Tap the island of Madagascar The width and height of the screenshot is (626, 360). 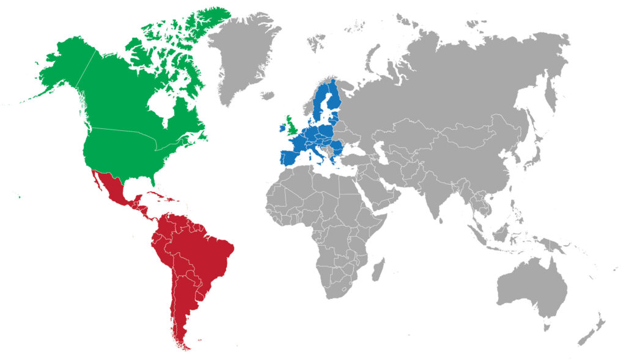(x=378, y=269)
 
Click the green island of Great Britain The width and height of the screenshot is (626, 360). (x=293, y=127)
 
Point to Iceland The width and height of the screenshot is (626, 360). (x=268, y=95)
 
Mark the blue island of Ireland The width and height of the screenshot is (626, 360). (x=282, y=128)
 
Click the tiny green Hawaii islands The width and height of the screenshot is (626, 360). (x=19, y=196)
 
